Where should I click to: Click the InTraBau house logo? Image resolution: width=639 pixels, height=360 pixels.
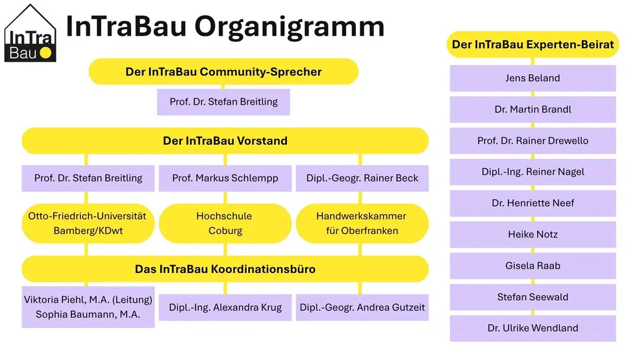coord(30,33)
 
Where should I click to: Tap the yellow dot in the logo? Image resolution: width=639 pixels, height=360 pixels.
coord(45,53)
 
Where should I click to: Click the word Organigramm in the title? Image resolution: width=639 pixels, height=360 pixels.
coord(290,27)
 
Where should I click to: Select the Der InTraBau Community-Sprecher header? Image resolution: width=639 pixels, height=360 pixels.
coord(223,71)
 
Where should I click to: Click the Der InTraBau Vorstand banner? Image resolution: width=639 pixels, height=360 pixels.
coord(225,140)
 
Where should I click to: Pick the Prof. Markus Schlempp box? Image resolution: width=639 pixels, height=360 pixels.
coord(225,178)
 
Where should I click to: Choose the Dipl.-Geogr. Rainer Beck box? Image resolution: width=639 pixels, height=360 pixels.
coord(362,178)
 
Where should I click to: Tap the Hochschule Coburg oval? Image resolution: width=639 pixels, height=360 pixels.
coord(225,224)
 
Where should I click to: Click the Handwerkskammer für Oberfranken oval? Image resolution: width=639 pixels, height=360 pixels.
coord(362,224)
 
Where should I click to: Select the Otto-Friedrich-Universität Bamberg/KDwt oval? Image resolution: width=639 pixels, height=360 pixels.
coord(88,224)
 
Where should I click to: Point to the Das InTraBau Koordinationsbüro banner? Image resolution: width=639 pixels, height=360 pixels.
coord(225,269)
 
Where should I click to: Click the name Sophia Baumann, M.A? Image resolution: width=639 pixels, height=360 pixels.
coord(88,315)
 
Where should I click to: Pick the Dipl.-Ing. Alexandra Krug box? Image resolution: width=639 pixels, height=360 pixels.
coord(225,307)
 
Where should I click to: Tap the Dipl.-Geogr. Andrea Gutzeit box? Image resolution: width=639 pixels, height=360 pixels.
coord(362,307)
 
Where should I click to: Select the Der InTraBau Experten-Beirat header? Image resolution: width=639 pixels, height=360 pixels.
coord(532,44)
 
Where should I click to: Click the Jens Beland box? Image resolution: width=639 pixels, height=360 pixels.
coord(532,78)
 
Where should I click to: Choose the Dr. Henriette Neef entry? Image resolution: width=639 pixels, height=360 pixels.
coord(532,203)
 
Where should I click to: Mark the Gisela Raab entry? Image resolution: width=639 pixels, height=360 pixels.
coord(532,266)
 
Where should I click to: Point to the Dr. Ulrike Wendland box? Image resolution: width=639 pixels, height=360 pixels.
coord(532,328)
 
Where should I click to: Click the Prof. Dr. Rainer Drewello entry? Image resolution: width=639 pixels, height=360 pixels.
coord(532,140)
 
